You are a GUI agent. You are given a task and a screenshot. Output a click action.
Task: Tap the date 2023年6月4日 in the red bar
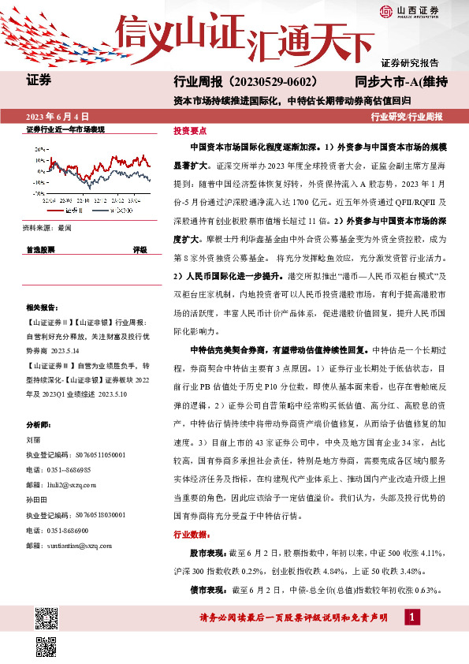(x=57, y=115)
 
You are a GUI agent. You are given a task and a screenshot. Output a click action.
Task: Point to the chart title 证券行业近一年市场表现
(x=65, y=129)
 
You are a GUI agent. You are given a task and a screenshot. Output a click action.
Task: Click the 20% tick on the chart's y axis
(x=39, y=147)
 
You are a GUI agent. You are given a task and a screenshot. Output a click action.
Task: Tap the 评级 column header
(x=140, y=248)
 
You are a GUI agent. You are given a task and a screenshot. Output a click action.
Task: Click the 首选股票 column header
(x=40, y=248)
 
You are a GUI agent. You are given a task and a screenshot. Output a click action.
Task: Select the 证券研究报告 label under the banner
(x=410, y=62)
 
